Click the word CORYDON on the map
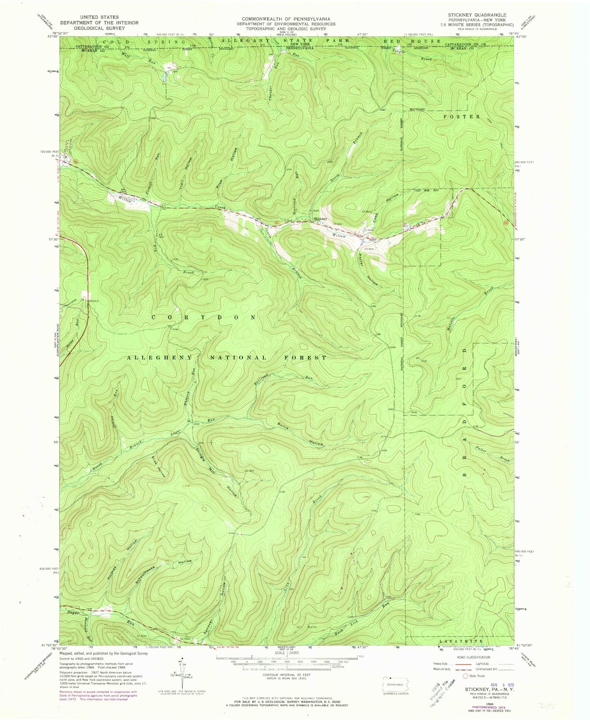(204, 317)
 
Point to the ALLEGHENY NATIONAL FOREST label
(227, 358)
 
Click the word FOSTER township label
(461, 116)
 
